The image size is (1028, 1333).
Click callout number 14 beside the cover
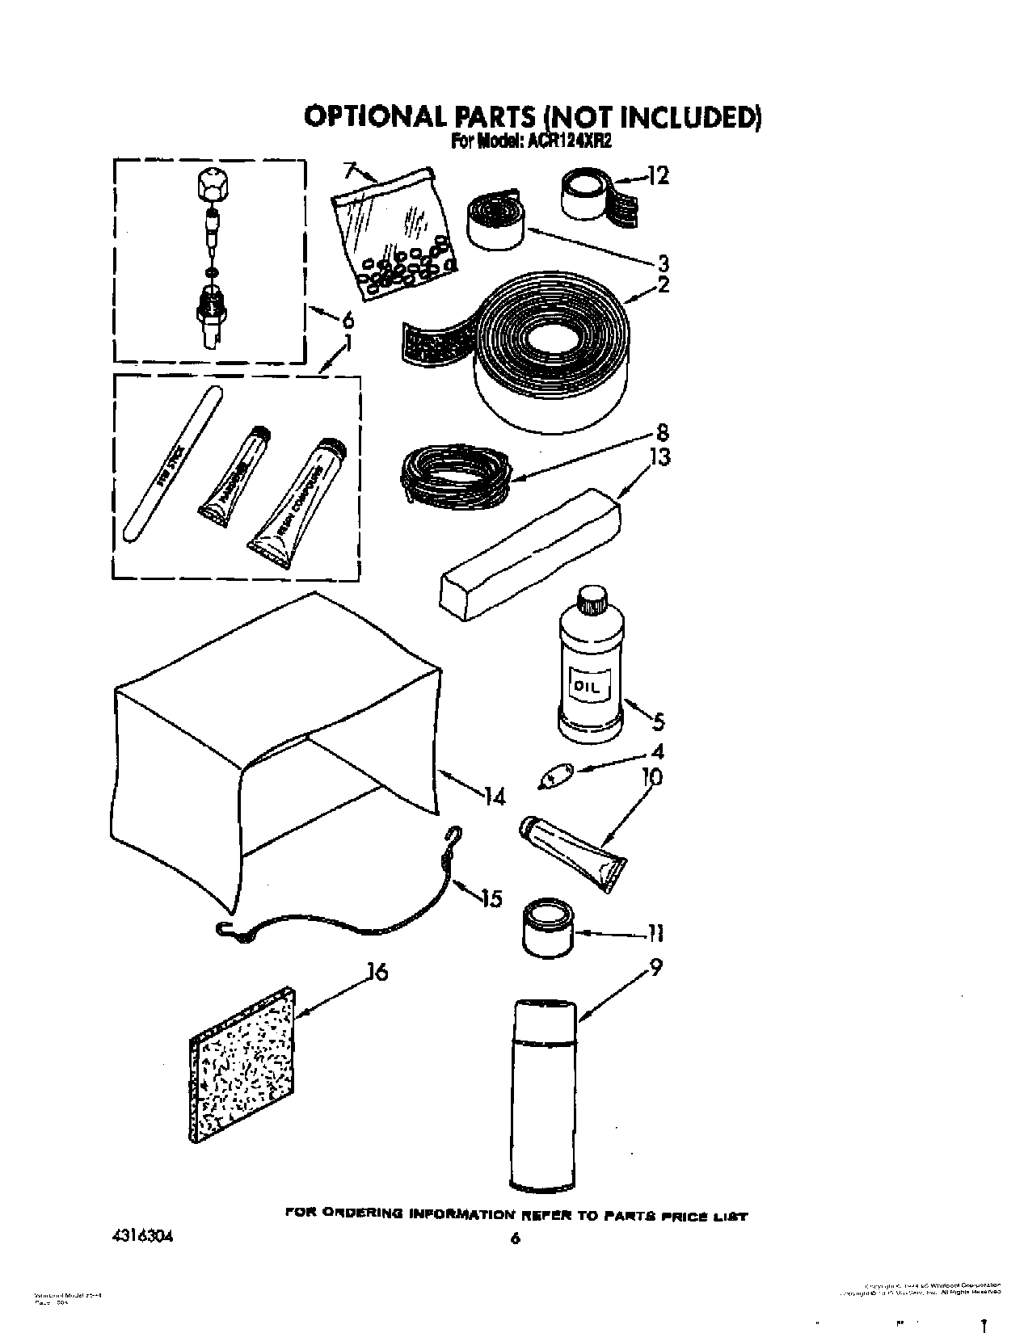coord(495,797)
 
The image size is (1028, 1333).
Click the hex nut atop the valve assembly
coord(211,189)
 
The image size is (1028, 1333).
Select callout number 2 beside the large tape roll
coord(664,284)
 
